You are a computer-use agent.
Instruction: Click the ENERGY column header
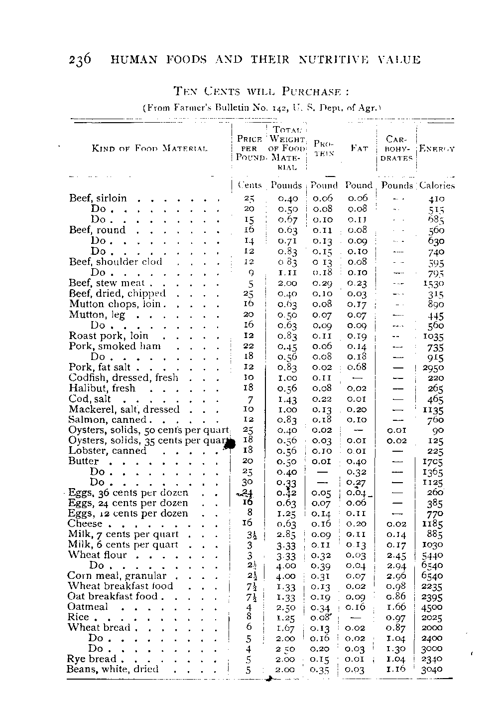tap(437, 149)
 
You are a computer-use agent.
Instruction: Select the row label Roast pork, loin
tap(109, 336)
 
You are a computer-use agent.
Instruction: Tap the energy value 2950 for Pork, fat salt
tap(433, 368)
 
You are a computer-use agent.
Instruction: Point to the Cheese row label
tap(85, 524)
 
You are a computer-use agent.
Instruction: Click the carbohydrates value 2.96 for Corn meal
tap(396, 575)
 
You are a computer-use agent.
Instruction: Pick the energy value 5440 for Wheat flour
tap(432, 555)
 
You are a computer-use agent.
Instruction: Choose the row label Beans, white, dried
tap(113, 669)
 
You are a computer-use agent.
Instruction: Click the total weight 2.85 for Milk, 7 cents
tap(286, 534)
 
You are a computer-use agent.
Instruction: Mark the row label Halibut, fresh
tap(102, 388)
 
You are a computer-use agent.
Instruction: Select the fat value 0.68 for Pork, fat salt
tap(357, 367)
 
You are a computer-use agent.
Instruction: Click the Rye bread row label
tap(92, 659)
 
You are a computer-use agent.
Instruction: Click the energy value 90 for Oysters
tap(438, 430)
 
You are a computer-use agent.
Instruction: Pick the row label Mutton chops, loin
tap(115, 304)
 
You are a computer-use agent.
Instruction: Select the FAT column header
tap(359, 148)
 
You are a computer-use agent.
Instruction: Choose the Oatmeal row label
tap(88, 607)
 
